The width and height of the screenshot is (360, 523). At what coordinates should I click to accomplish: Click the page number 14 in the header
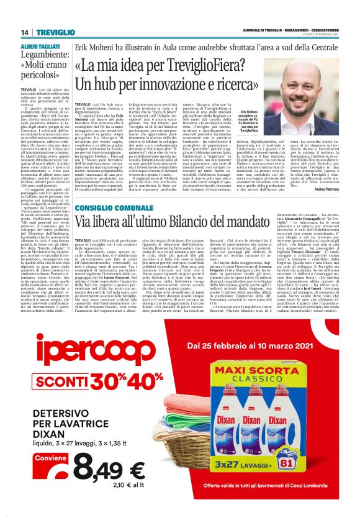[25, 32]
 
